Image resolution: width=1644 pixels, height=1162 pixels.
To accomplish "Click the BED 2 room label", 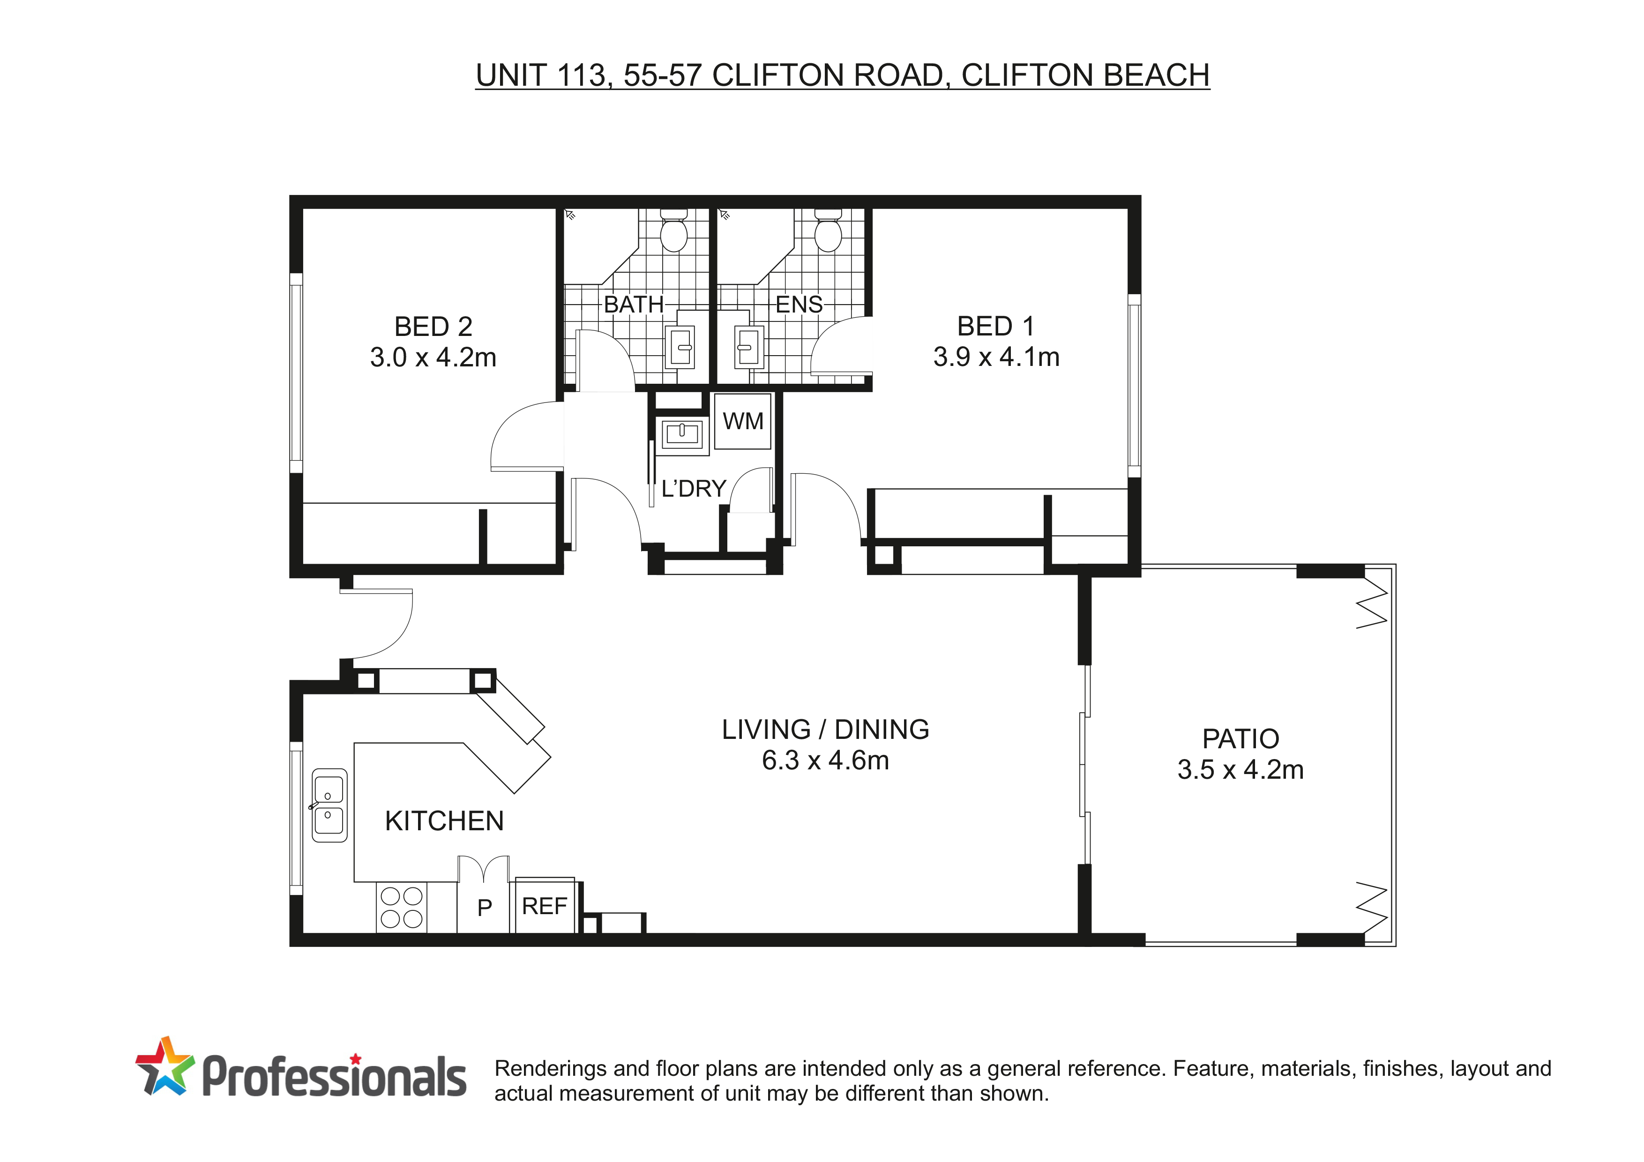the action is pos(433,327).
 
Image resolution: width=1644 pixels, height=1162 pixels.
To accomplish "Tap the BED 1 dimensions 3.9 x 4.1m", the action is pos(996,357).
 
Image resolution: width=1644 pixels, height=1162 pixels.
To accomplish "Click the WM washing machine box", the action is pos(742,421).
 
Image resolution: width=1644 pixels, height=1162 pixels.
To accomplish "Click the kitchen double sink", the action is pos(329,805).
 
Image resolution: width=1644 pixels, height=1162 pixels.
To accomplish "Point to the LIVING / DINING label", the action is pos(826,730).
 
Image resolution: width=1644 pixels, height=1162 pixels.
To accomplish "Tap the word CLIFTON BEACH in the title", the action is pos(1085,75).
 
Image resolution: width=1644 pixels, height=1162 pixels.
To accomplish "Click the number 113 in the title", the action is pos(583,75).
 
